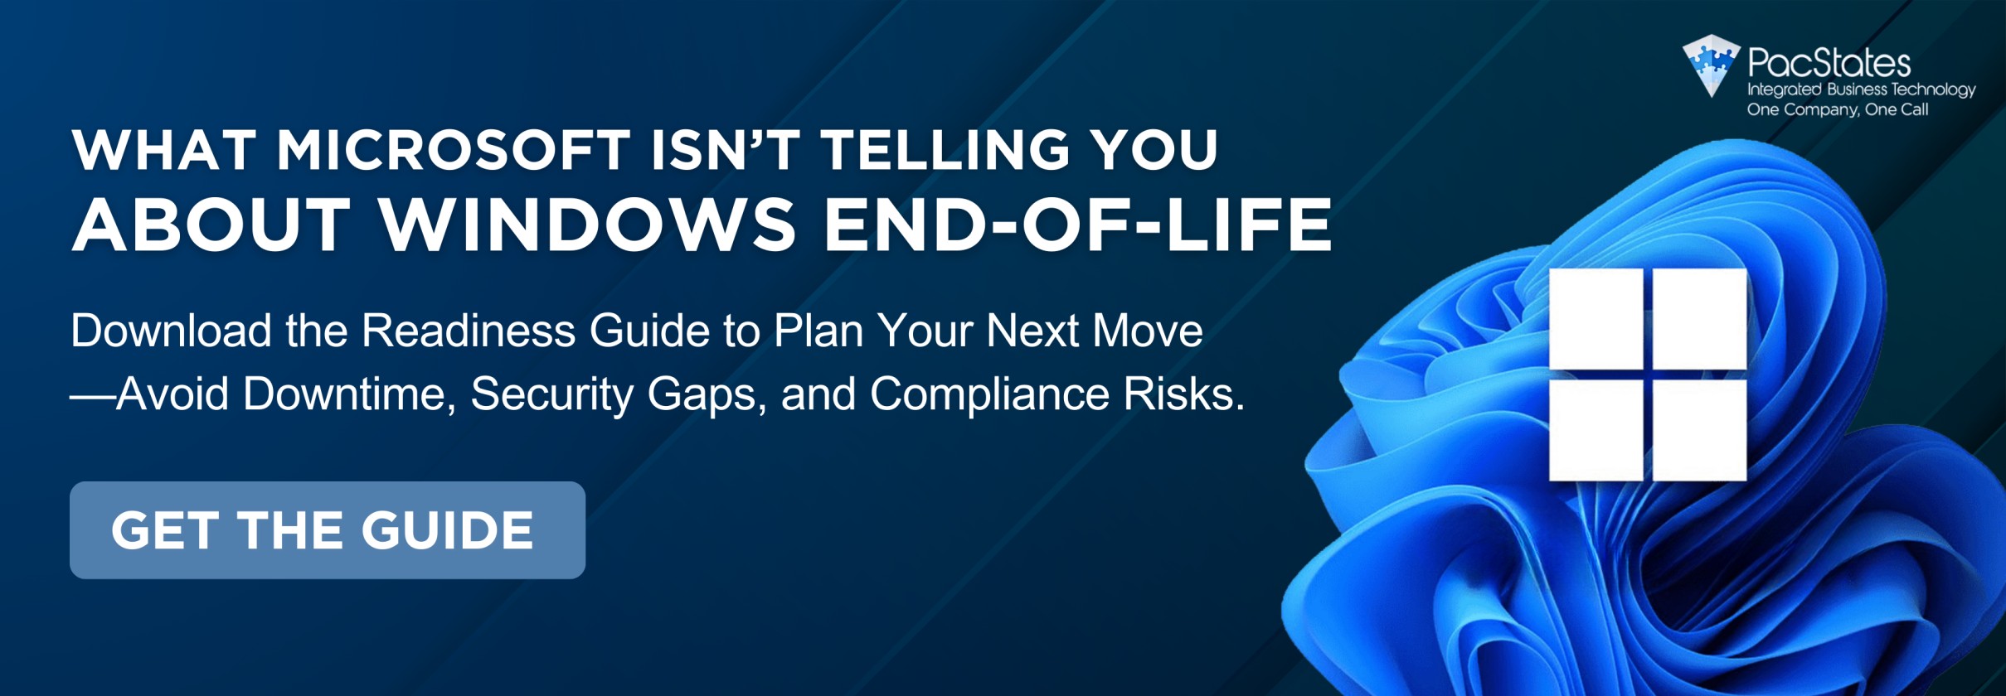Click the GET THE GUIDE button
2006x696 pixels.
[x=328, y=529]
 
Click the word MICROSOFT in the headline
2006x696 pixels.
[x=454, y=150]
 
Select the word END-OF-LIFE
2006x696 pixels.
[x=1077, y=224]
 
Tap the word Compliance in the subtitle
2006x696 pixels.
[x=989, y=393]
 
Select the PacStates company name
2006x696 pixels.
[x=1829, y=63]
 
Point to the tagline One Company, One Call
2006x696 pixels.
[x=1838, y=109]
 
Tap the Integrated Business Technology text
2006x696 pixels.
[x=1861, y=89]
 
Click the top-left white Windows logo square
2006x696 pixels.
[x=1596, y=319]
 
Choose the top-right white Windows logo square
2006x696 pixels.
[x=1700, y=319]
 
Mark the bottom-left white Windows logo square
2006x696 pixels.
[x=1596, y=430]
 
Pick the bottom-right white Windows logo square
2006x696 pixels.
[x=1700, y=430]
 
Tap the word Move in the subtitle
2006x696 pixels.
[x=1148, y=330]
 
